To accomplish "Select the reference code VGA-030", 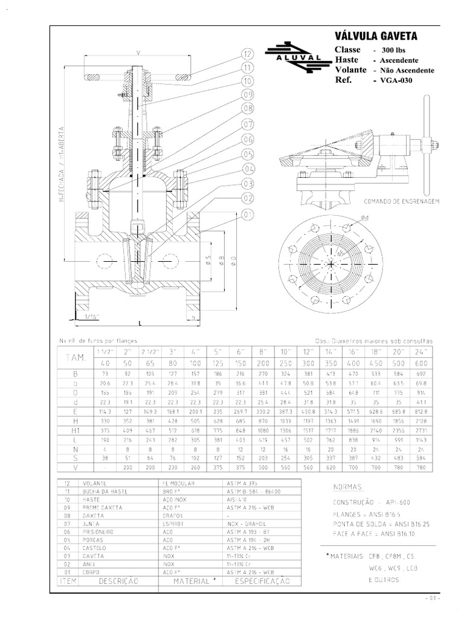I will coord(396,80).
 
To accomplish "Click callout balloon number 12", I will coord(247,54).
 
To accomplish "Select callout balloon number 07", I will coord(247,125).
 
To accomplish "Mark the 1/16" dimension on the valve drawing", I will coord(91,316).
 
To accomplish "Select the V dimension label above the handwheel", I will coord(138,53).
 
